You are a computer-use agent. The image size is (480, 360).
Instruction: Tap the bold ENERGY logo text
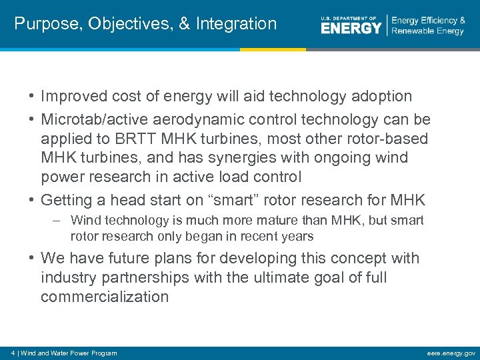[351, 27]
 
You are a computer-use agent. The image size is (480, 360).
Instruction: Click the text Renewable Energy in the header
[427, 31]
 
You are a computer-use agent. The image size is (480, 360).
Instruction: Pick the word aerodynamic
[204, 120]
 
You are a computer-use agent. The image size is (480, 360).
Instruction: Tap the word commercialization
[105, 297]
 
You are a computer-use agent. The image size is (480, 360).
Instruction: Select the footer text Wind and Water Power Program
[68, 353]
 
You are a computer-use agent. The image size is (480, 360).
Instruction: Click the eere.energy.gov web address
[453, 353]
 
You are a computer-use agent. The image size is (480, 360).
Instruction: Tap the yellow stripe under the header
[273, 49]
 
